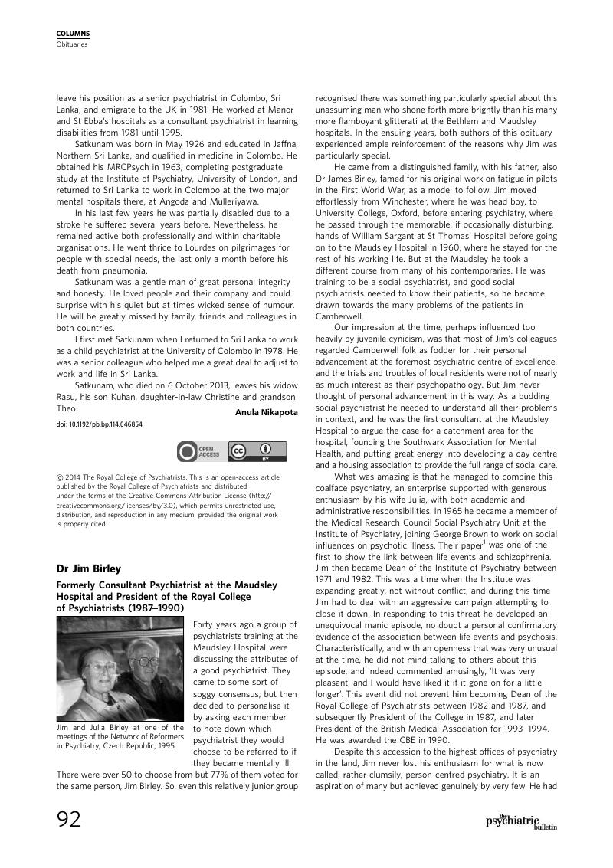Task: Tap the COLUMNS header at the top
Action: [73, 34]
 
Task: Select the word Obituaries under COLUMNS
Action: [71, 44]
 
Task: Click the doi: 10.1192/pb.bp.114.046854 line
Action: [100, 424]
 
